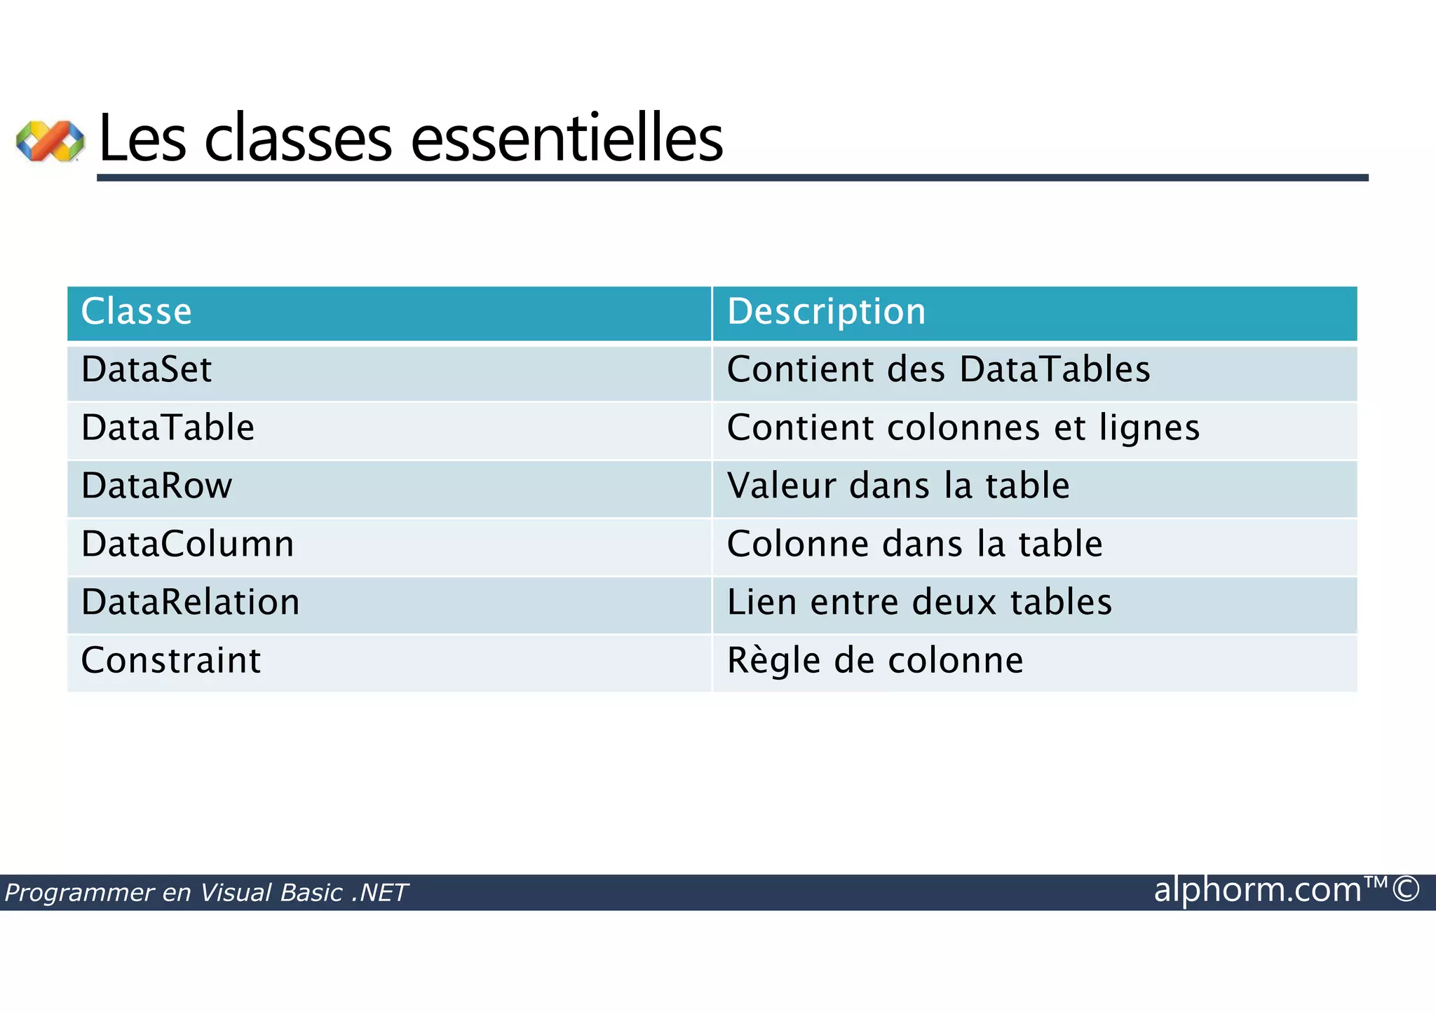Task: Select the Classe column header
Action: pyautogui.click(x=136, y=312)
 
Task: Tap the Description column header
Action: pyautogui.click(x=826, y=312)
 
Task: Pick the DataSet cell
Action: pyautogui.click(x=146, y=370)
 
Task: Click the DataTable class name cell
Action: pyautogui.click(x=168, y=428)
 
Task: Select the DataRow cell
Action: pyautogui.click(x=156, y=486)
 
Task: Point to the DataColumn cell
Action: pyautogui.click(x=187, y=544)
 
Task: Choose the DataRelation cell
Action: pyautogui.click(x=190, y=603)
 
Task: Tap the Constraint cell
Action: pyautogui.click(x=170, y=661)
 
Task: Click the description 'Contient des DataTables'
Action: pyautogui.click(x=938, y=370)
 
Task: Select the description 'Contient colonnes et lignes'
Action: pyautogui.click(x=963, y=428)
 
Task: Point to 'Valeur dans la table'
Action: pyautogui.click(x=898, y=486)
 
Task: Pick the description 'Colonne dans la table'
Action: pyautogui.click(x=914, y=544)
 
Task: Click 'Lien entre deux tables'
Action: pyautogui.click(x=919, y=603)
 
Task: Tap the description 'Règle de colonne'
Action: pyautogui.click(x=874, y=661)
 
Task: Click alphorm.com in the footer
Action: pyautogui.click(x=1257, y=891)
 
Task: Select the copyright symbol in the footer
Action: pyautogui.click(x=1406, y=889)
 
